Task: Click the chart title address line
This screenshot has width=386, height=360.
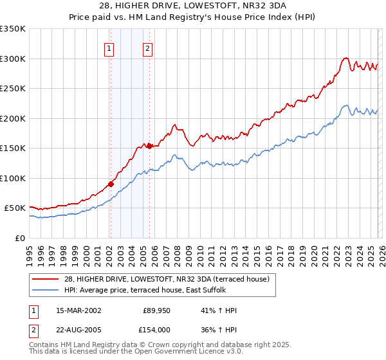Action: pyautogui.click(x=192, y=5)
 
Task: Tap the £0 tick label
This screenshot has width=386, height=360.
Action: pyautogui.click(x=21, y=238)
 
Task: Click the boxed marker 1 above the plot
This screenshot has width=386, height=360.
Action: pyautogui.click(x=109, y=49)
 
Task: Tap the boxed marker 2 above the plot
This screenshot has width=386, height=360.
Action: pyautogui.click(x=148, y=49)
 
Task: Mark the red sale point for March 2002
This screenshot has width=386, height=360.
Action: pyautogui.click(x=111, y=184)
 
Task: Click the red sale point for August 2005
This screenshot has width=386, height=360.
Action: pyautogui.click(x=149, y=146)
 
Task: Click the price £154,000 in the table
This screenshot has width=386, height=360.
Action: pyautogui.click(x=158, y=330)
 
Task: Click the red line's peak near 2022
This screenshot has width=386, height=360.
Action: pyautogui.click(x=345, y=58)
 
